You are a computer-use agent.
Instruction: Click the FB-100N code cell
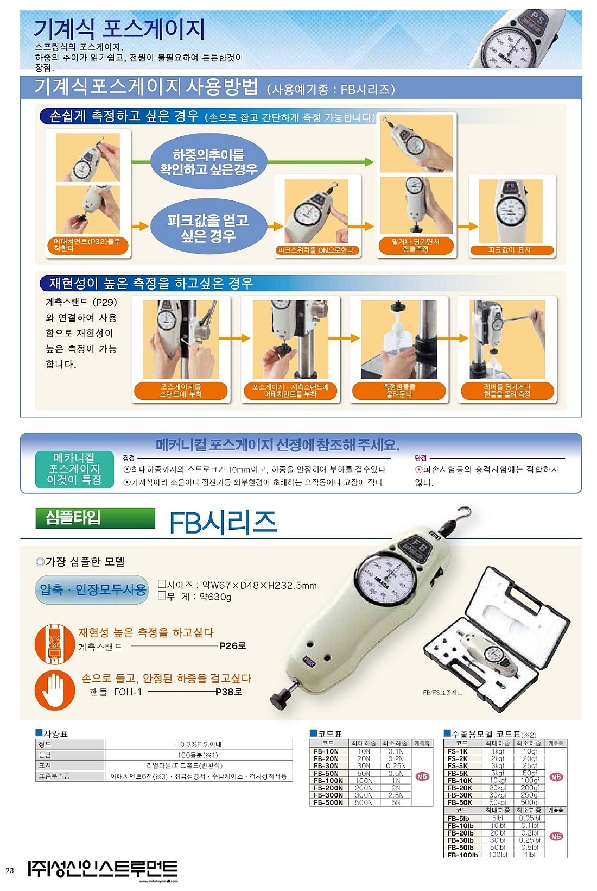328,781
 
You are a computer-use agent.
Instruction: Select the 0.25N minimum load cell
396,766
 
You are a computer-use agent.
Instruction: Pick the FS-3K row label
458,766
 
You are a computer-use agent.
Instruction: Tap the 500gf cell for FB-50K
529,802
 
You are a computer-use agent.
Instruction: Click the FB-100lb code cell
462,855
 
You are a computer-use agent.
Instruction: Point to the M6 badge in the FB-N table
422,776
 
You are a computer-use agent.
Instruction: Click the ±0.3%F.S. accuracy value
198,744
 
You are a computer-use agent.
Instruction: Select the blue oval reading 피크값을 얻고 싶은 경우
208,228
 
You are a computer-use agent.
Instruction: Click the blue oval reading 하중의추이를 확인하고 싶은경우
208,162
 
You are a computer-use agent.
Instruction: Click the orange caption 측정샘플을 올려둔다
398,391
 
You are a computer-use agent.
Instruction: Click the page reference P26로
233,646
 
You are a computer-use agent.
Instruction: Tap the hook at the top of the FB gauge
462,513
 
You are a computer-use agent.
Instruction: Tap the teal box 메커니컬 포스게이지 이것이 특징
74,469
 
